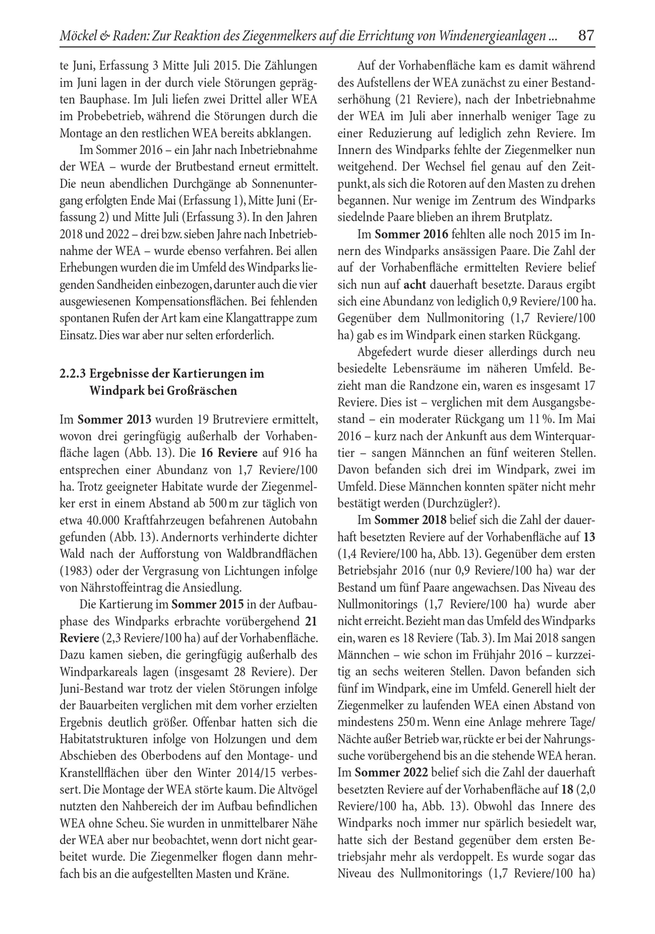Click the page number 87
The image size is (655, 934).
coord(586,36)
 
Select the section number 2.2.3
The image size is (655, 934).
coord(73,374)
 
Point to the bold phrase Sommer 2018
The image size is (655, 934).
coord(410,520)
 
